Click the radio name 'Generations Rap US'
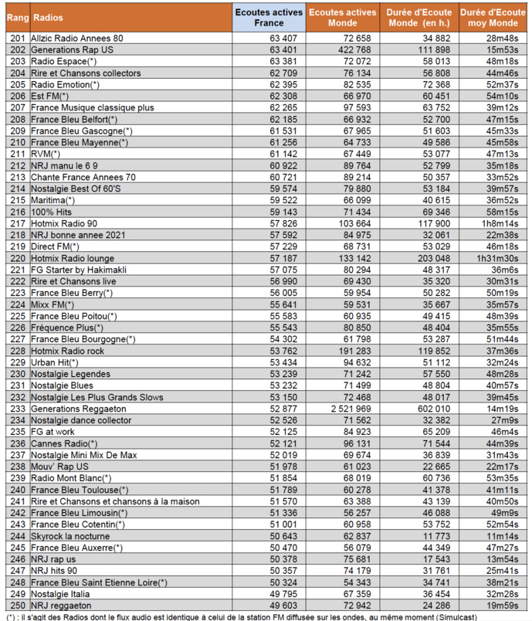(72, 49)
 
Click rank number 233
(17, 408)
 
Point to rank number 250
(17, 605)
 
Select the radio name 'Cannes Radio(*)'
(65, 443)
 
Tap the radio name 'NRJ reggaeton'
(60, 605)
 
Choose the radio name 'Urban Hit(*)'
(56, 362)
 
